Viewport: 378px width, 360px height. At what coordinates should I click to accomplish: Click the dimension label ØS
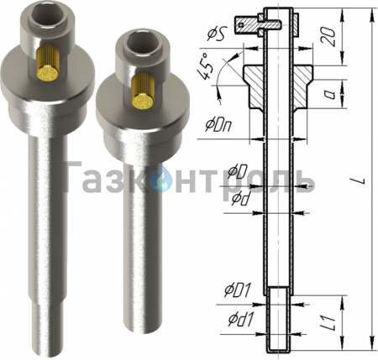[x=216, y=35]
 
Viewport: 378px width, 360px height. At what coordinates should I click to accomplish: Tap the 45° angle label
[x=205, y=67]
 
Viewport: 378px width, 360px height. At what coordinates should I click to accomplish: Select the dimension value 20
[x=328, y=36]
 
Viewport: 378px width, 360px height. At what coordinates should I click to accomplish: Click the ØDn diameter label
[x=218, y=127]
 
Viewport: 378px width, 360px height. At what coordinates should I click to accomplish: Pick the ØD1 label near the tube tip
[x=237, y=290]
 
